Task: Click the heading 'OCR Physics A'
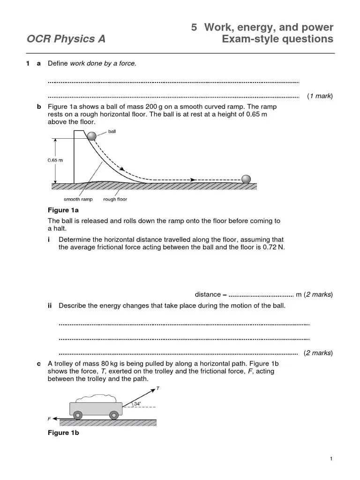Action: (66, 39)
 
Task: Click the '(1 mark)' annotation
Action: (320, 96)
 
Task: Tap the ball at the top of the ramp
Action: (91, 136)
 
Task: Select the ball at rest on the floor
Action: (246, 179)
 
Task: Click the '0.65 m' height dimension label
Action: (55, 160)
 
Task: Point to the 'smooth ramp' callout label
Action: (78, 199)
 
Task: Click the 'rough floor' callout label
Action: (115, 199)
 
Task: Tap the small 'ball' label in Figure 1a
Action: (112, 132)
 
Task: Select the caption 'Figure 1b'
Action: (64, 433)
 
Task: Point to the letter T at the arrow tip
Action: (157, 389)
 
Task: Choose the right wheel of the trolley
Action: (114, 415)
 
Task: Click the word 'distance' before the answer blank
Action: (208, 294)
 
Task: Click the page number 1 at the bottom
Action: (331, 458)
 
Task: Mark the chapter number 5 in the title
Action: (194, 27)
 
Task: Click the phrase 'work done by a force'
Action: (103, 63)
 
